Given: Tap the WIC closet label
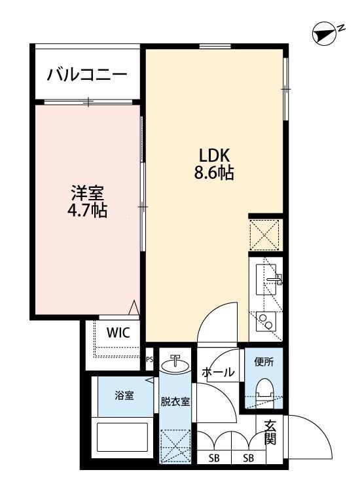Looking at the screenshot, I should pyautogui.click(x=118, y=332).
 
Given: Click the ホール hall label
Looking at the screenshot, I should pyautogui.click(x=218, y=373).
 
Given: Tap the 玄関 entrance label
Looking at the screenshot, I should pyautogui.click(x=270, y=433).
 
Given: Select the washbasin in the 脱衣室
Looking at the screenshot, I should pyautogui.click(x=175, y=364).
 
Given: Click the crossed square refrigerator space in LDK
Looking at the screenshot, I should pyautogui.click(x=265, y=234).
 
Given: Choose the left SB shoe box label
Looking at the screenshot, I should pyautogui.click(x=213, y=458).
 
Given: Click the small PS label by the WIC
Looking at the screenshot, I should pyautogui.click(x=149, y=359).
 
